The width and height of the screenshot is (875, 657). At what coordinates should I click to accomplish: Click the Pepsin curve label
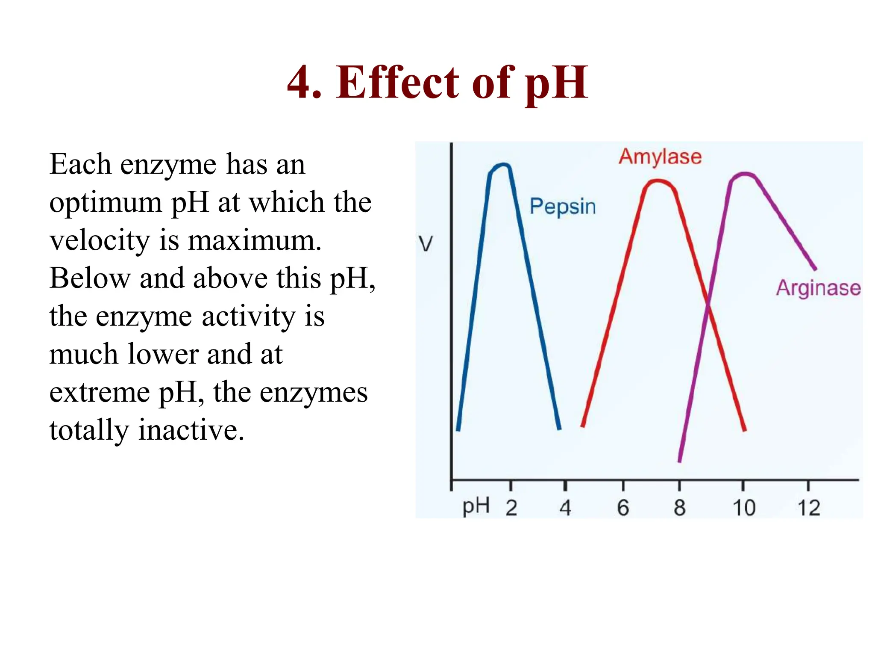coord(562,207)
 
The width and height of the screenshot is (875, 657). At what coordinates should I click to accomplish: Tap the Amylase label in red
coord(660,157)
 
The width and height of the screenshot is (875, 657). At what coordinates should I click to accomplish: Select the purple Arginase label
coord(818,288)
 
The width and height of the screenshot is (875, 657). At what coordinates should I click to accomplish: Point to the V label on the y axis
coord(425,244)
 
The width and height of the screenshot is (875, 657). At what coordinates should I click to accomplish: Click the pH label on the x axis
coord(476,506)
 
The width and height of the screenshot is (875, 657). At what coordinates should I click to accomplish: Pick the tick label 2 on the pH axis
coord(511,508)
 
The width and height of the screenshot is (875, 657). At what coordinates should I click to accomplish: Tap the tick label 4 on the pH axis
coord(565,508)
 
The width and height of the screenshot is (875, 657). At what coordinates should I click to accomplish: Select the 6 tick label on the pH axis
coord(623,508)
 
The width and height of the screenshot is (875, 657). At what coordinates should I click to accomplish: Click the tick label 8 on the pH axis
coord(680,508)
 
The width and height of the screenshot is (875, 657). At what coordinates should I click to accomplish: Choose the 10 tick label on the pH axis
coord(744,508)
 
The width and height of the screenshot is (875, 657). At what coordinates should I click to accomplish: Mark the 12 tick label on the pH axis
coord(809,508)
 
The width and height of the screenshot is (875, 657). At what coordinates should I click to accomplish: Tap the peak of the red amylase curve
coord(658,182)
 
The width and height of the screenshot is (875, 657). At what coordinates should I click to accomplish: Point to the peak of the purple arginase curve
coord(745,175)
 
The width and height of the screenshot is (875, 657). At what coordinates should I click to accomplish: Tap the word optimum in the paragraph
coord(105,203)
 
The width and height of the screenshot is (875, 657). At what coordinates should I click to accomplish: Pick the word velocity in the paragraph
coord(99,240)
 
